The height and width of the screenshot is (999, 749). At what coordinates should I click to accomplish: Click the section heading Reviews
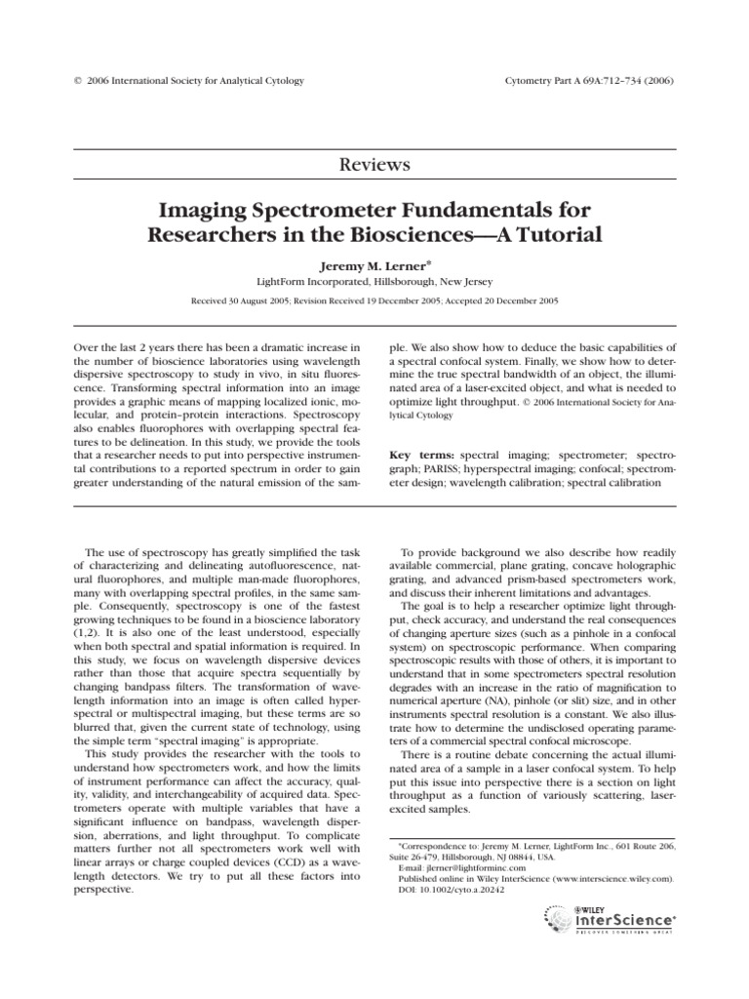(374, 164)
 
